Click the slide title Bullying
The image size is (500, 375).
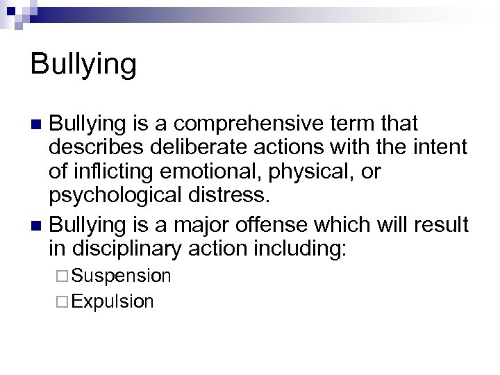coord(83,65)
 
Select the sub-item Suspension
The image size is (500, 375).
coord(121,276)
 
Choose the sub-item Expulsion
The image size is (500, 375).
coord(112,301)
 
